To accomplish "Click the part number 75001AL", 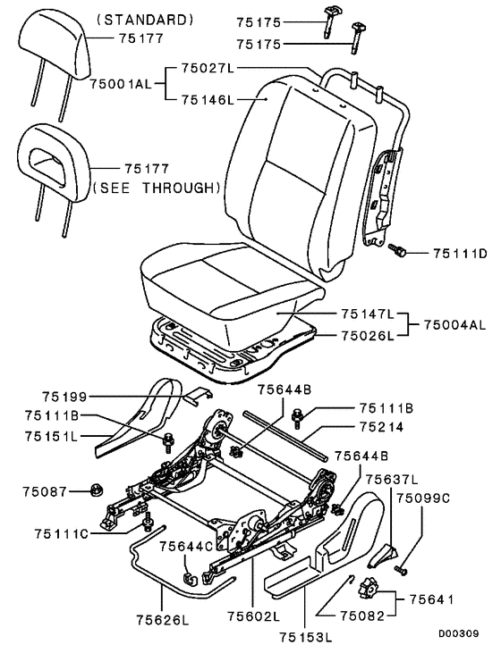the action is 121,84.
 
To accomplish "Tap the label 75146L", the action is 208,100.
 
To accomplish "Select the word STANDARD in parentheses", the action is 145,20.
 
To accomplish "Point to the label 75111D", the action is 460,253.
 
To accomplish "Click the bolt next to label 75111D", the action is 396,251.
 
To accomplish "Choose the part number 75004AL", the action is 455,324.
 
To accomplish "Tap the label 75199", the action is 64,397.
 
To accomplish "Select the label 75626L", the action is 163,620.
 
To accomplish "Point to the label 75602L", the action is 253,615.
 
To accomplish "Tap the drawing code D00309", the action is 458,634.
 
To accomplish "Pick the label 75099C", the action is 422,498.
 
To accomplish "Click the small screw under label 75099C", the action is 401,570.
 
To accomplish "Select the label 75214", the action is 380,427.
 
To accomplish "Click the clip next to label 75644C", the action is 190,578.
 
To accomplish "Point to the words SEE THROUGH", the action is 156,188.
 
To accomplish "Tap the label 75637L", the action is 392,480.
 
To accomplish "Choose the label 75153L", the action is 305,637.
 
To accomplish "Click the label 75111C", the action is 62,534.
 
